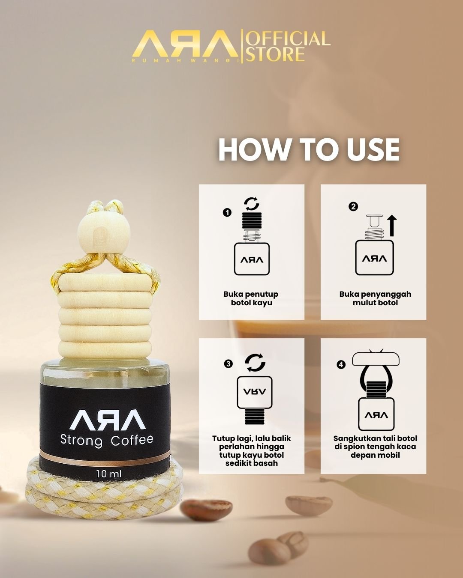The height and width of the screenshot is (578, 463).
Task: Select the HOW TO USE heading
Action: tap(309, 149)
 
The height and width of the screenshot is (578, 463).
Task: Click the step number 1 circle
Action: tap(227, 213)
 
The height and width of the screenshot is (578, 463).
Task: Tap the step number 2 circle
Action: tap(353, 206)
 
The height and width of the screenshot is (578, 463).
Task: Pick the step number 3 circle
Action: tap(228, 363)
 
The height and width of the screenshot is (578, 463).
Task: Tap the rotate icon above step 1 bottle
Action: tap(251, 204)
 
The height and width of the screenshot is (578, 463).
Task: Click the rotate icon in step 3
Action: tap(256, 363)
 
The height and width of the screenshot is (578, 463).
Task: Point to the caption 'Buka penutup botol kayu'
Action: tap(251, 298)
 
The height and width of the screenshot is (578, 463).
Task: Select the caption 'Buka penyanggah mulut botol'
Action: tap(375, 298)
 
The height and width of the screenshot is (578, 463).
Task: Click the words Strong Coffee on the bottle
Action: tap(107, 441)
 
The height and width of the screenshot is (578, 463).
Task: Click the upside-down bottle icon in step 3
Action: tap(255, 400)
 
